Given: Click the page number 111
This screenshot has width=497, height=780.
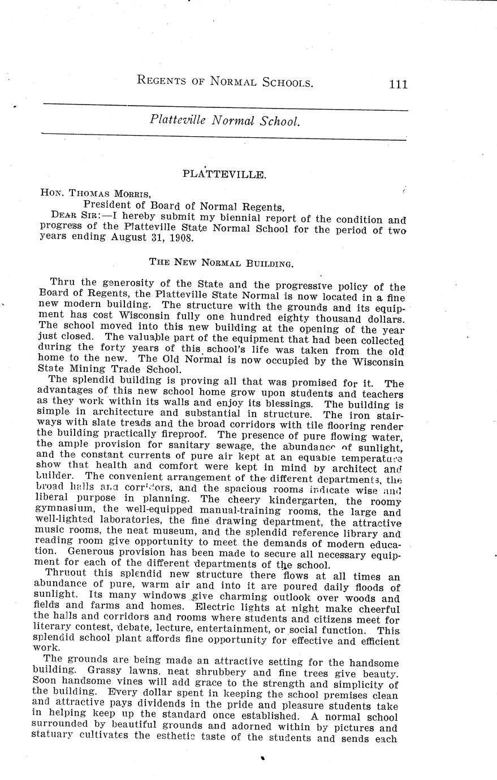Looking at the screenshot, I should point(398,84).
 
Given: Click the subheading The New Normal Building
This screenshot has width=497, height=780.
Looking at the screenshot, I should point(221,263).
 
